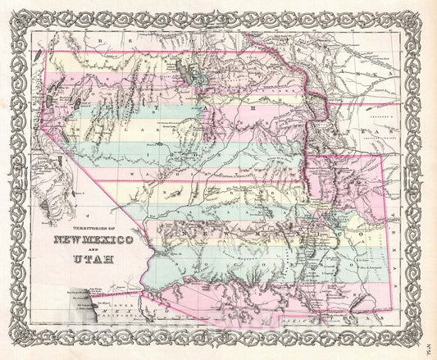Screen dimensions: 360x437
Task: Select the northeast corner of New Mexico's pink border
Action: [x=386, y=156]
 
